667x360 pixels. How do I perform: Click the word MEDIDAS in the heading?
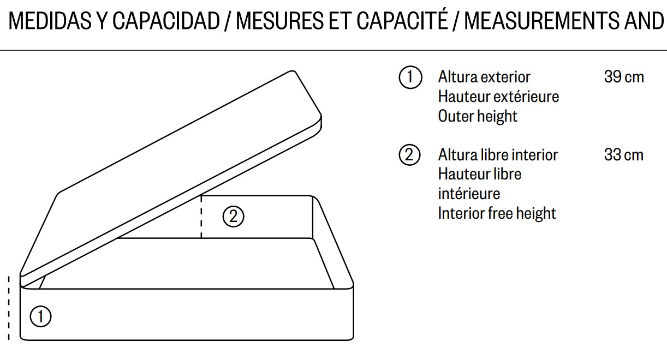(x=50, y=21)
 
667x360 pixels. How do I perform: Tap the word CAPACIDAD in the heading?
(x=166, y=21)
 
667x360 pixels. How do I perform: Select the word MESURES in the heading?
(x=280, y=21)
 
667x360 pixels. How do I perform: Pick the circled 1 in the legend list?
(x=410, y=77)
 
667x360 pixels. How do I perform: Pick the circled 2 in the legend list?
(x=410, y=155)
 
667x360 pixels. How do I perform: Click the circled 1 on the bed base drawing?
(x=40, y=316)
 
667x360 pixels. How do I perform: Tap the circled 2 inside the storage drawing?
(x=233, y=217)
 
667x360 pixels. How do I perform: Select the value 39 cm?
(x=624, y=77)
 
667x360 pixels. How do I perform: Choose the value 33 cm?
(x=624, y=155)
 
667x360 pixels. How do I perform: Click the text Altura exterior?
(x=484, y=77)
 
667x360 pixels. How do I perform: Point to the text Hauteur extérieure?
(x=498, y=97)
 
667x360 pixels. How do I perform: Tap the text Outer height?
(x=478, y=116)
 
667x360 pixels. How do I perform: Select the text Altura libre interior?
(x=498, y=155)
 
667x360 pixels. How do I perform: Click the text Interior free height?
(x=497, y=213)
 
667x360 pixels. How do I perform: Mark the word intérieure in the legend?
(x=469, y=194)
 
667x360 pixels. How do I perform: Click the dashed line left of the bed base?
(x=9, y=308)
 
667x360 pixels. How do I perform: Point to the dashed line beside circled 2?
(x=201, y=217)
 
